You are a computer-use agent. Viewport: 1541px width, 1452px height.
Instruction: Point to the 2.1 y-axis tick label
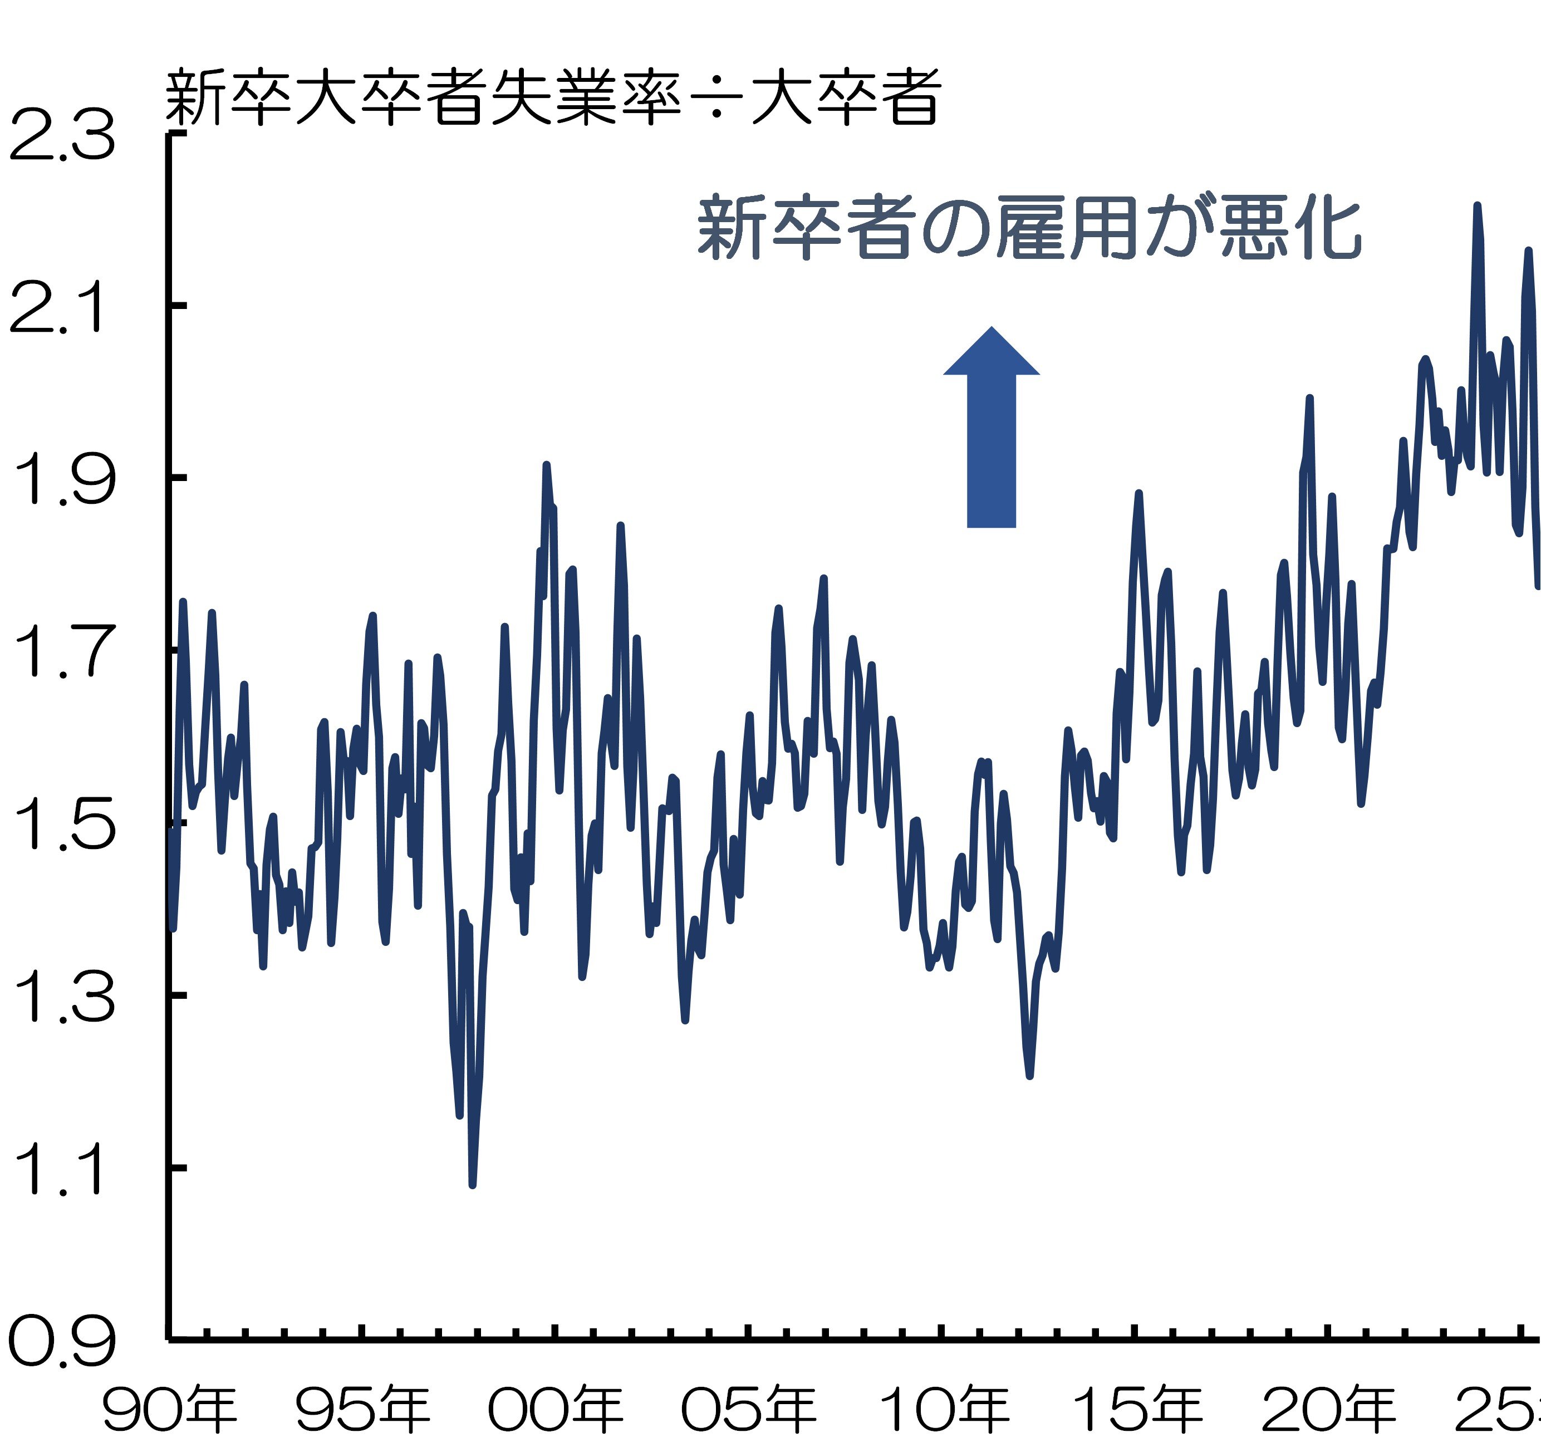(x=56, y=308)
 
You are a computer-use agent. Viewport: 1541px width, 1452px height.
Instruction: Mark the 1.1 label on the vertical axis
(x=56, y=1169)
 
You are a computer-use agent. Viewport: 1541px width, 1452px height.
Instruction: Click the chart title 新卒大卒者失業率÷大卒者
(x=553, y=97)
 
